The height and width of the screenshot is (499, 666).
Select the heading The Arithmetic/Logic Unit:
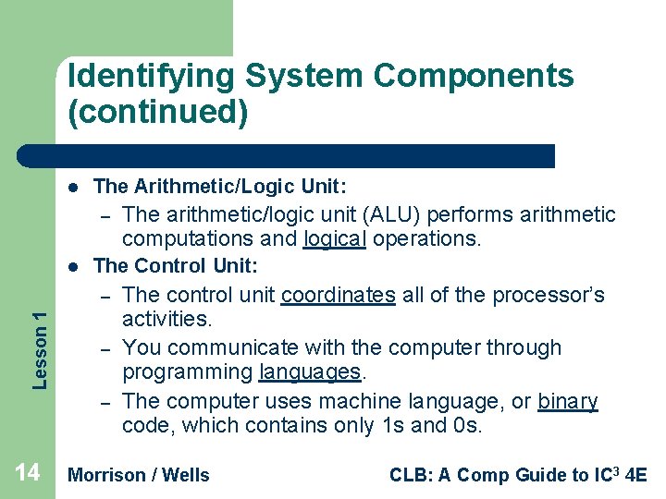(220, 187)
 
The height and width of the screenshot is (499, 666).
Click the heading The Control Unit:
(176, 266)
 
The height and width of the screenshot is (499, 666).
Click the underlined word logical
(335, 239)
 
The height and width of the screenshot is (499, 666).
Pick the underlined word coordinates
(338, 296)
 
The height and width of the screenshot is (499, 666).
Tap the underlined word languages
(312, 372)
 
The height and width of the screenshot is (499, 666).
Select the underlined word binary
(567, 402)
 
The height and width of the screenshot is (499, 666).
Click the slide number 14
(27, 473)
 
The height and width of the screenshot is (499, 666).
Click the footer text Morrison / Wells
(139, 475)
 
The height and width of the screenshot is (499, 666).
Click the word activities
(166, 320)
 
